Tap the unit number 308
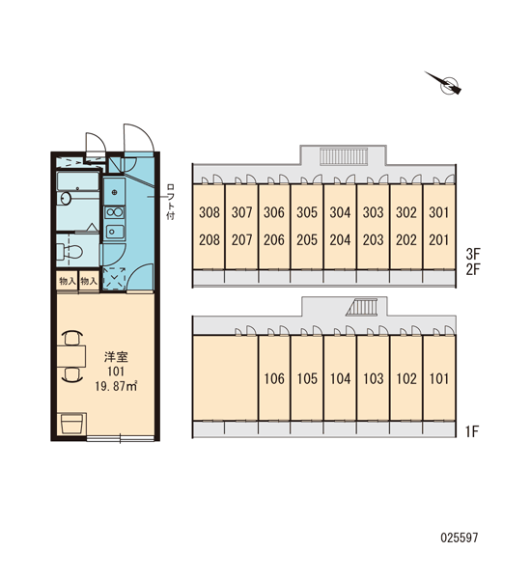[210, 212]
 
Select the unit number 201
[439, 240]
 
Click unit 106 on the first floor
[274, 378]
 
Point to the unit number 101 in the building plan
[439, 378]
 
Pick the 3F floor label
[473, 254]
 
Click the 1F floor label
[472, 431]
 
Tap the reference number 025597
[460, 538]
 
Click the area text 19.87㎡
[116, 387]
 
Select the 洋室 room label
[116, 357]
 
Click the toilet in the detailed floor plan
[70, 252]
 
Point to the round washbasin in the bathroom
[65, 198]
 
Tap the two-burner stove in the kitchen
[115, 212]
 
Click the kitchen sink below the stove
[115, 232]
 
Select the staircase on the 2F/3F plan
[344, 156]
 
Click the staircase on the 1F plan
[363, 307]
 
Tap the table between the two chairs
[70, 356]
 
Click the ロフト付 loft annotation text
[170, 202]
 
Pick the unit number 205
[307, 240]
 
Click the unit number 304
[340, 212]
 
